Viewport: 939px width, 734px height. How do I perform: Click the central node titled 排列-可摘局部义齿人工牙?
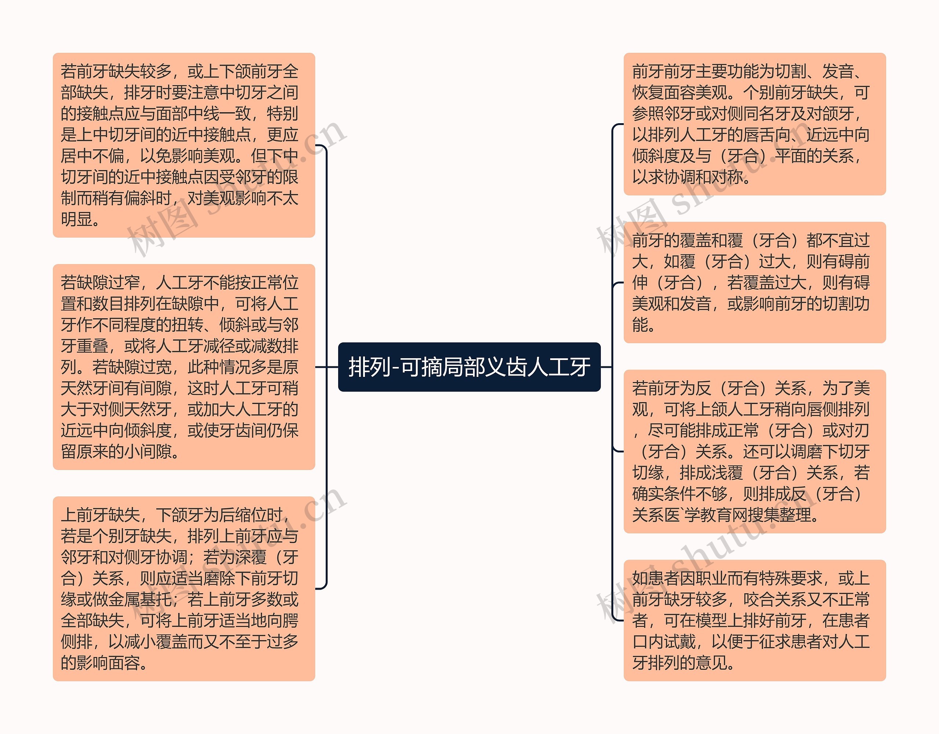pos(469,367)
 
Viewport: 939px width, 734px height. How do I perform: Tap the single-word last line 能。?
pos(643,325)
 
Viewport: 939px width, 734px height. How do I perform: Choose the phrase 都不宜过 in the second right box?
pos(838,240)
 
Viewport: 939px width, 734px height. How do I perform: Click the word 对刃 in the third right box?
pos(854,430)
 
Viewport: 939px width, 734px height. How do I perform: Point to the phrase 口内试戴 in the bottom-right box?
pos(664,642)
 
